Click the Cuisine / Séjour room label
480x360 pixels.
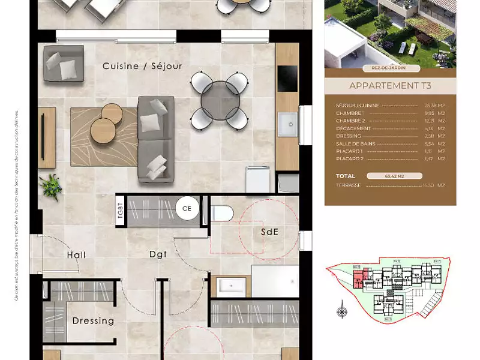[142, 66]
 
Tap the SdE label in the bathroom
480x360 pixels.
[269, 232]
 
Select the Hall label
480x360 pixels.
[76, 255]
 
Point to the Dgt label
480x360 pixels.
[158, 254]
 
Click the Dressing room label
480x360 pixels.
[93, 321]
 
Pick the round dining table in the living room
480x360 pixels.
[220, 101]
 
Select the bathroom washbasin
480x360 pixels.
[230, 286]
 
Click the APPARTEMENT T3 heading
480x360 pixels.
[390, 86]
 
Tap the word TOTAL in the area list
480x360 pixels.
[346, 176]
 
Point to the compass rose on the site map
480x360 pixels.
[342, 311]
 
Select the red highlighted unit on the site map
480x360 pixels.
[359, 278]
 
